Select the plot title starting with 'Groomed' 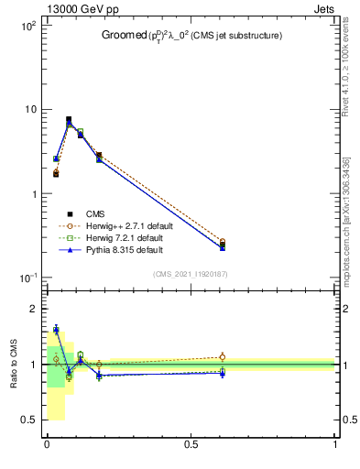point(191,36)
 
